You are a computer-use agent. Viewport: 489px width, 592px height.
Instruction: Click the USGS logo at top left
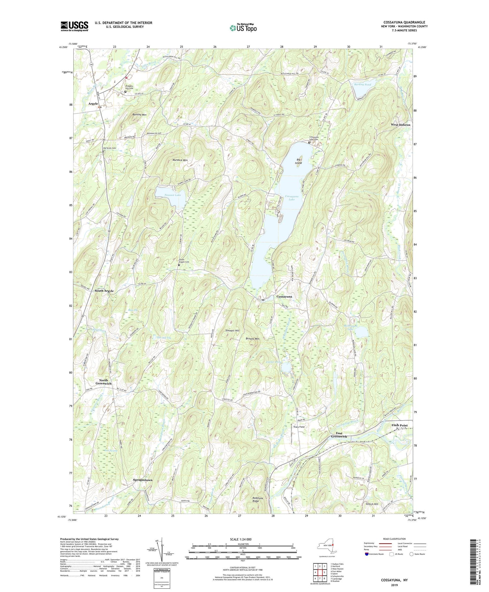coord(74,26)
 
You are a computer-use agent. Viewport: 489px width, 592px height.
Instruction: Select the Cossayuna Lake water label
coord(292,198)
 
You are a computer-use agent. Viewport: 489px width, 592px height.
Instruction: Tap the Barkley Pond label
coord(362,84)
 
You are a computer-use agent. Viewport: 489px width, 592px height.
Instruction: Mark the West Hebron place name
coord(400,125)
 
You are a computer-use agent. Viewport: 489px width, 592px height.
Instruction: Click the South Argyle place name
coord(104,291)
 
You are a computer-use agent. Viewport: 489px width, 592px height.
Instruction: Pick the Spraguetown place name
coord(142,480)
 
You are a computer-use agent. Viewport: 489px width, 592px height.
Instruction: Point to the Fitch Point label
coord(399,425)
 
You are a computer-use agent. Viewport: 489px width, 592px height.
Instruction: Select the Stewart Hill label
coord(232,331)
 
